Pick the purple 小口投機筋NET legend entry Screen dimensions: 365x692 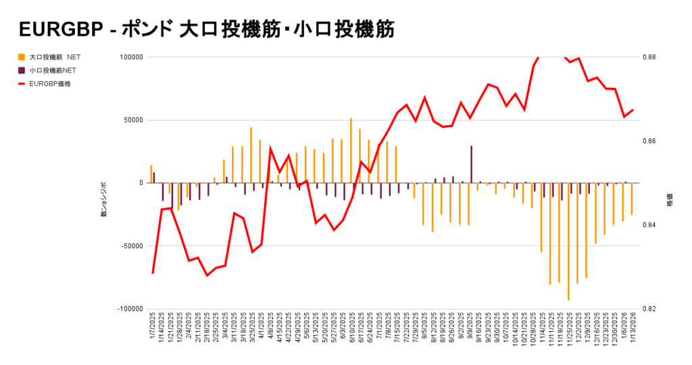point(51,70)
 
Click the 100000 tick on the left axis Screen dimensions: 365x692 point(130,57)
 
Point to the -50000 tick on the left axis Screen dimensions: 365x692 point(130,246)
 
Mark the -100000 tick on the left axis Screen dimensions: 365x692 point(128,309)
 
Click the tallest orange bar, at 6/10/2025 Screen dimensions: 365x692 point(351,150)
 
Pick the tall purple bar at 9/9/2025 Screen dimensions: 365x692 point(471,164)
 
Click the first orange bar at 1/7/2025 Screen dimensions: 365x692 point(151,174)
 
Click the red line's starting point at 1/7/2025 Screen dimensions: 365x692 point(153,273)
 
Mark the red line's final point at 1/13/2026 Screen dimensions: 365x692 point(633,109)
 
